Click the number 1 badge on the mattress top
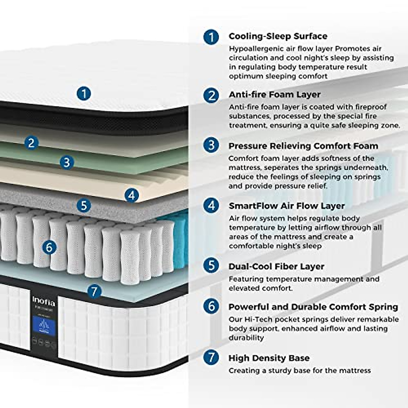(x=84, y=93)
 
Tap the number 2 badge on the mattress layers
(x=31, y=143)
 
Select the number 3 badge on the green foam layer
(x=67, y=162)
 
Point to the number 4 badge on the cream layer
(x=132, y=195)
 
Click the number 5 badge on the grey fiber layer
(x=84, y=205)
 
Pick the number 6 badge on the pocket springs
(x=49, y=247)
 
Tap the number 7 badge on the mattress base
(x=94, y=291)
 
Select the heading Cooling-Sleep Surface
(x=278, y=36)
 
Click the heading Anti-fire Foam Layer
(x=274, y=94)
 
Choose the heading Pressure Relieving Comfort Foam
(x=303, y=146)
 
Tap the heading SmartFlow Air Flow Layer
(x=287, y=206)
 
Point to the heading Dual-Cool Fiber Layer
(x=276, y=266)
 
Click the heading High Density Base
(x=269, y=358)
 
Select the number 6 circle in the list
(x=211, y=306)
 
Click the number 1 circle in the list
(x=211, y=37)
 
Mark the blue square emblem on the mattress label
(x=44, y=326)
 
